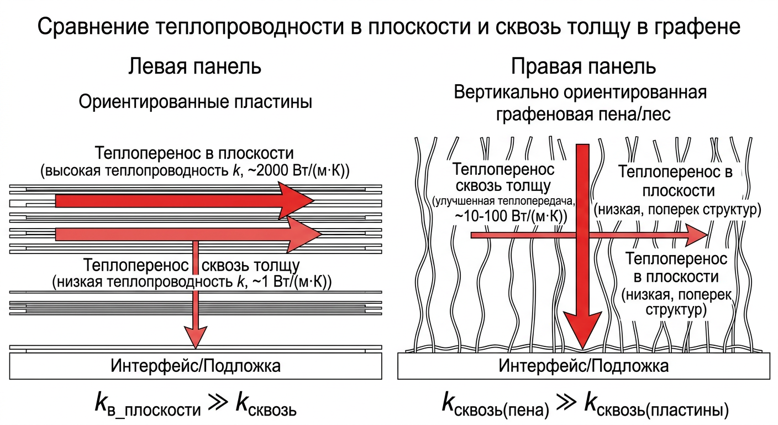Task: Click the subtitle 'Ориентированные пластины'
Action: [x=195, y=102]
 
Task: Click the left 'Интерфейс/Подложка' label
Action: [x=195, y=366]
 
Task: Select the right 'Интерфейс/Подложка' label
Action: [x=583, y=366]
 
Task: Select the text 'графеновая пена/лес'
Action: [x=583, y=115]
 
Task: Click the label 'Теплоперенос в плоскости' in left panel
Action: [x=195, y=153]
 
